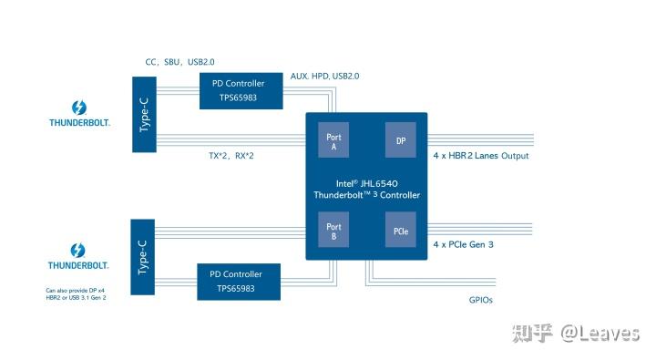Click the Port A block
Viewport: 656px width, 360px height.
pyautogui.click(x=333, y=141)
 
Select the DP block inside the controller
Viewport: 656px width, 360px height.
pyautogui.click(x=400, y=141)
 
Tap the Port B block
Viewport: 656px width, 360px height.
pyautogui.click(x=333, y=231)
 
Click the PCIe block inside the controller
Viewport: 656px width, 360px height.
pyautogui.click(x=400, y=231)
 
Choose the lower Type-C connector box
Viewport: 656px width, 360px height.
pyautogui.click(x=144, y=256)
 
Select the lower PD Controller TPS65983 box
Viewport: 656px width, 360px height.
pyautogui.click(x=236, y=280)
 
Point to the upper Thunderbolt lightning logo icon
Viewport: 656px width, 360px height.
pyautogui.click(x=78, y=101)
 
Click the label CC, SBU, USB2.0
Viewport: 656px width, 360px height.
pyautogui.click(x=181, y=62)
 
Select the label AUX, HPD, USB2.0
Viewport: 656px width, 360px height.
pyautogui.click(x=324, y=77)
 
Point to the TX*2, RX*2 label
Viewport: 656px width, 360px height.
pyautogui.click(x=231, y=156)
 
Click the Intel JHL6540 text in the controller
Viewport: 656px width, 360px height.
pyautogui.click(x=366, y=183)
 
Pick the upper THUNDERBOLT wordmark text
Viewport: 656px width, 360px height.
pyautogui.click(x=79, y=120)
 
